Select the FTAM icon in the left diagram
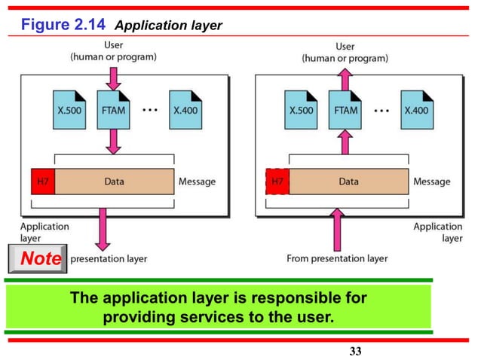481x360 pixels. pyautogui.click(x=112, y=108)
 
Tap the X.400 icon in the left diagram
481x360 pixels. pyautogui.click(x=185, y=108)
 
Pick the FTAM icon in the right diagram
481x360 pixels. pyautogui.click(x=344, y=108)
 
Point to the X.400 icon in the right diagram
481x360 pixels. pyautogui.click(x=417, y=108)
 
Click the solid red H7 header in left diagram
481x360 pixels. pyautogui.click(x=42, y=182)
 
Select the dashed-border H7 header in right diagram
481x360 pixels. pyautogui.click(x=277, y=182)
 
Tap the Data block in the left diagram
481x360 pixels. pyautogui.click(x=115, y=182)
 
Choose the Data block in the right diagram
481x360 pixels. pyautogui.click(x=349, y=182)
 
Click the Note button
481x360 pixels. pyautogui.click(x=38, y=259)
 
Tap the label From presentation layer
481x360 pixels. pyautogui.click(x=337, y=258)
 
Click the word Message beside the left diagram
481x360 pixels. pyautogui.click(x=197, y=182)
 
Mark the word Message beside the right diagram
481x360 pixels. pyautogui.click(x=432, y=182)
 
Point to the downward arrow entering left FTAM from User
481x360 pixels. pyautogui.click(x=112, y=78)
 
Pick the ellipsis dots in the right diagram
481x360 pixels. pyautogui.click(x=382, y=108)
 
